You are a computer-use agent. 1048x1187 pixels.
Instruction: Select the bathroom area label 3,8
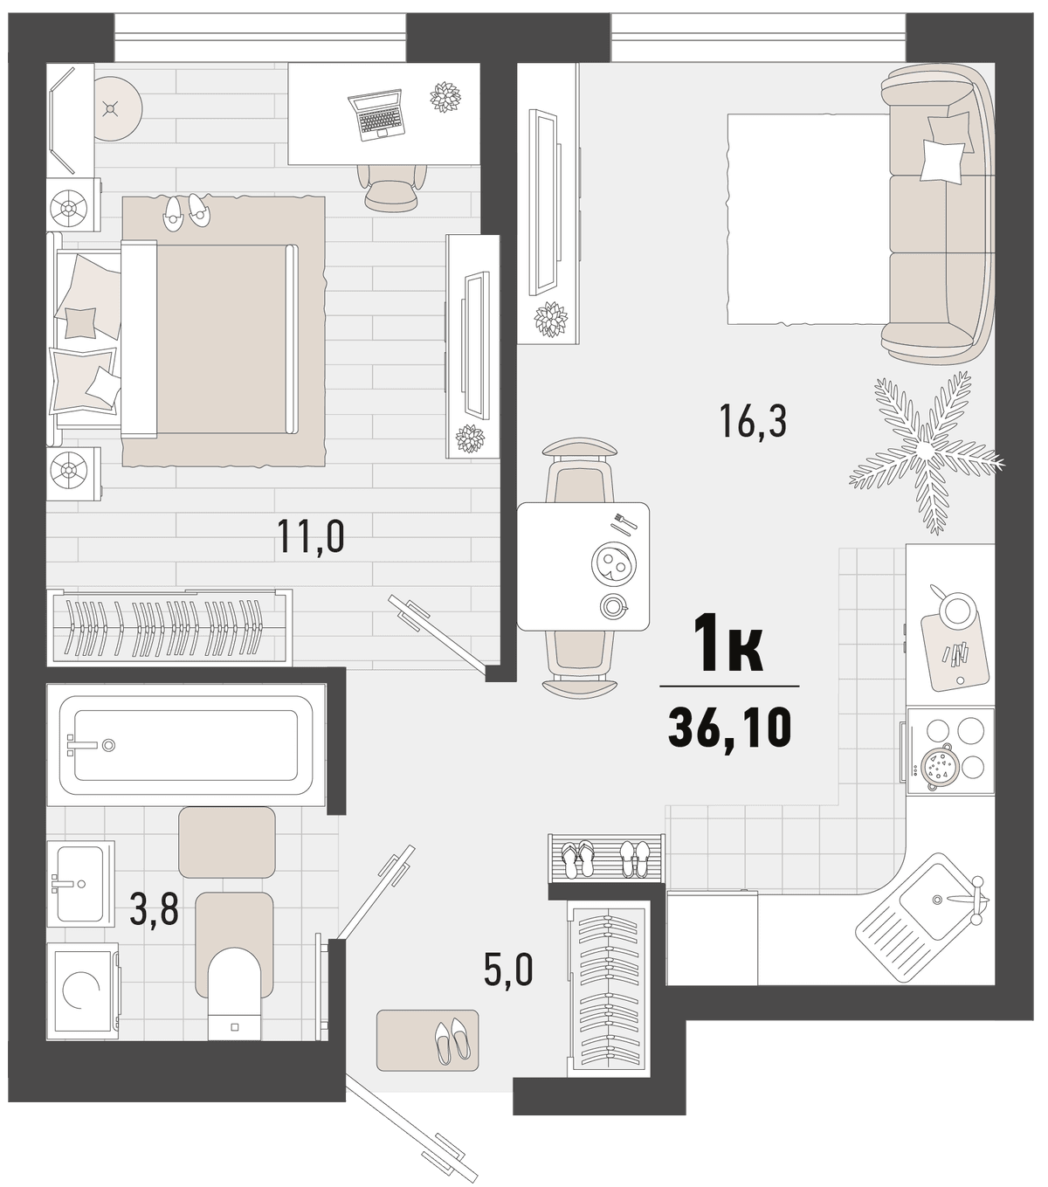click(x=155, y=908)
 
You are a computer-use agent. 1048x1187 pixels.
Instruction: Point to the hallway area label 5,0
click(x=508, y=969)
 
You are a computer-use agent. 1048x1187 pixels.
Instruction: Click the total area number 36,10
click(x=729, y=727)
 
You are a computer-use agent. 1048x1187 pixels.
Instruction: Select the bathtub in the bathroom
click(x=186, y=745)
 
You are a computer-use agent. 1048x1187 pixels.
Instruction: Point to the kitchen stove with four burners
click(x=950, y=751)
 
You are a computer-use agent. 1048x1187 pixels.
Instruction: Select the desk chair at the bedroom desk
click(x=392, y=186)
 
